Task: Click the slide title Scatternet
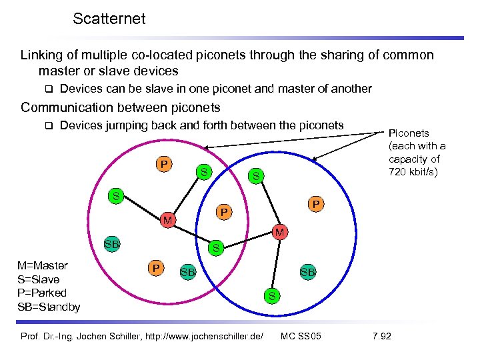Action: (x=109, y=19)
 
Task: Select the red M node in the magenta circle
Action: (x=169, y=221)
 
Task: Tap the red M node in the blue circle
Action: (x=281, y=232)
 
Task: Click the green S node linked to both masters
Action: (x=215, y=249)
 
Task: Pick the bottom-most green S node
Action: (x=271, y=295)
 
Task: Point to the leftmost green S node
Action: (x=116, y=196)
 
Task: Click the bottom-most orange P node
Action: (x=155, y=268)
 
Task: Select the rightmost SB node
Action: (x=307, y=272)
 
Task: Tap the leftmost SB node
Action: (x=112, y=244)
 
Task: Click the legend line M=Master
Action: (x=43, y=266)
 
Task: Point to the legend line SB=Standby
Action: (x=49, y=307)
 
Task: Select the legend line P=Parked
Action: (x=41, y=293)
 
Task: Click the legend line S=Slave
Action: (x=38, y=280)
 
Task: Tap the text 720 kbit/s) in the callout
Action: (x=414, y=171)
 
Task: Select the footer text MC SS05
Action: (x=301, y=335)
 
